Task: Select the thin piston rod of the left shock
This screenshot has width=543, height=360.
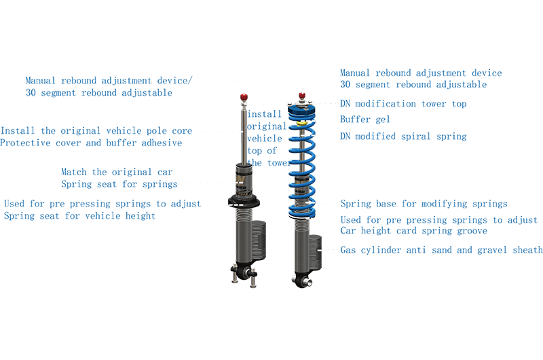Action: click(243, 136)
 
